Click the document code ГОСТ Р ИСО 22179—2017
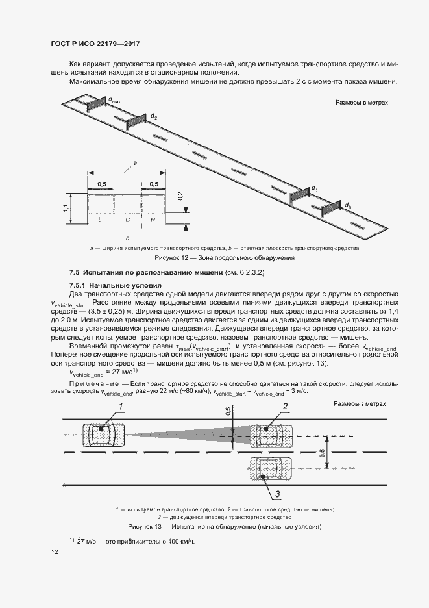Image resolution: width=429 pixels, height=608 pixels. (x=95, y=44)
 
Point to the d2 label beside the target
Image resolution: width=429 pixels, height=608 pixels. (x=154, y=116)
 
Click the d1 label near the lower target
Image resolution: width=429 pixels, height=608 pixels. (x=315, y=188)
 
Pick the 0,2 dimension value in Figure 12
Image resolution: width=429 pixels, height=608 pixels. (x=180, y=197)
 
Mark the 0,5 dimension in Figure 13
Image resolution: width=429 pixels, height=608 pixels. (x=228, y=411)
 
